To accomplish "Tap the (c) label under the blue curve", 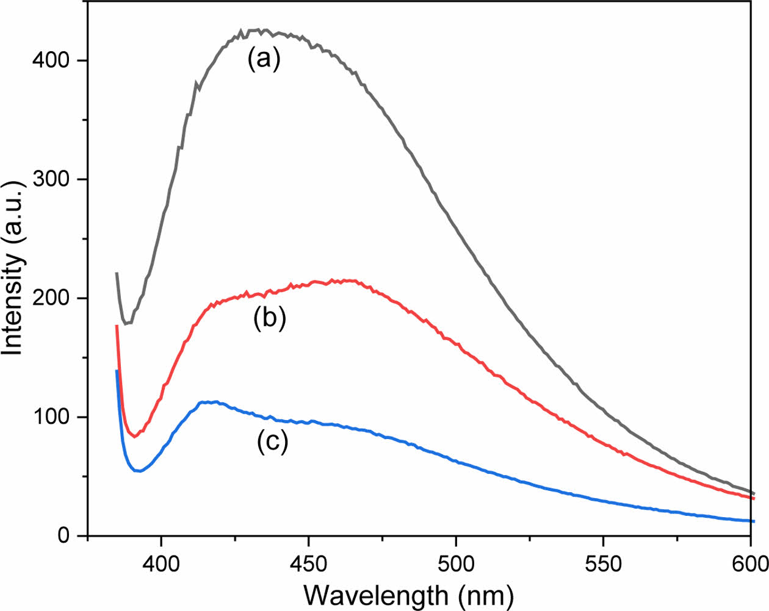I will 272,441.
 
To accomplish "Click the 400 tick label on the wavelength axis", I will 161,563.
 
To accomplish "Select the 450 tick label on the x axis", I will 309,563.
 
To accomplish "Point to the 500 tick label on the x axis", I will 456,563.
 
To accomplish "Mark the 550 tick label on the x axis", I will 603,563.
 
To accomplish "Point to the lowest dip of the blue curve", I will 139,471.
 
